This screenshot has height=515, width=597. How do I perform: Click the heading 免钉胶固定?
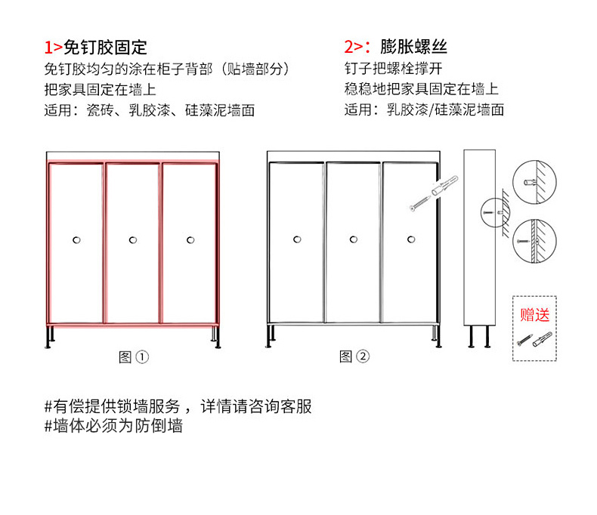coord(105,47)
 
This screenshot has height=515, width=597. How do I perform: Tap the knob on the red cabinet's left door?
coord(76,240)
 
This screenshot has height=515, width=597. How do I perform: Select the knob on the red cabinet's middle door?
coord(132,240)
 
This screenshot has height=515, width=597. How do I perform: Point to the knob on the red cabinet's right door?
coord(189,240)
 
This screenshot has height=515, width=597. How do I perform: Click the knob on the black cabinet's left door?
coord(296,240)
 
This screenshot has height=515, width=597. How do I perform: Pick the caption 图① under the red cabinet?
coord(134,357)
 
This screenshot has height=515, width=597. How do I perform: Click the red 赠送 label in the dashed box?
coord(535,314)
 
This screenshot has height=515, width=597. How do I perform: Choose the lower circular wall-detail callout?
coord(534,239)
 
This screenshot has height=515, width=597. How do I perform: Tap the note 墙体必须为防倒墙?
coord(113,426)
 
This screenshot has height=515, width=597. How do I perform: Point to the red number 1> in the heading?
coord(54,47)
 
